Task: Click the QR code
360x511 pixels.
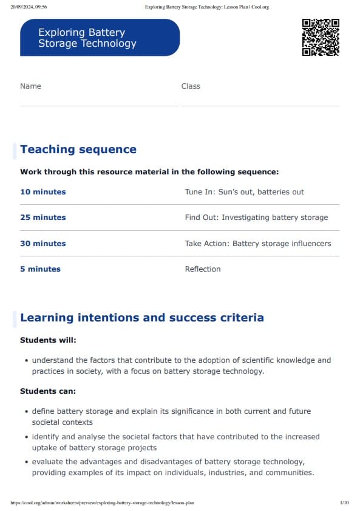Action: point(321,37)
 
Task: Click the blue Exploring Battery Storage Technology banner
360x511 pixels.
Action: point(100,38)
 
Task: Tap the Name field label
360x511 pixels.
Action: point(30,86)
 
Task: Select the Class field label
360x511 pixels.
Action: point(191,86)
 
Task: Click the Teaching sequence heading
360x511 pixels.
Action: point(78,149)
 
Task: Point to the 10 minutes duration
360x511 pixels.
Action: point(42,192)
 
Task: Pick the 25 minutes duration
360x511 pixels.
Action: point(42,218)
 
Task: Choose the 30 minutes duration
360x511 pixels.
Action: point(42,244)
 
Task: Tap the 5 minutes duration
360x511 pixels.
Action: point(40,269)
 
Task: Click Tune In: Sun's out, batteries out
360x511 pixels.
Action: point(244,192)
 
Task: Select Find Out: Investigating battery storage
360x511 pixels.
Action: point(256,218)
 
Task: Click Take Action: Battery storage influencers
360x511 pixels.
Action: point(258,244)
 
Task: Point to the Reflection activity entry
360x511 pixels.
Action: point(203,269)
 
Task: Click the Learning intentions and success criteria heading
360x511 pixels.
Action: point(142,318)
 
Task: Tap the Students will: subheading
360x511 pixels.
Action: point(48,340)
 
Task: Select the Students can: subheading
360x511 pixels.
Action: point(47,391)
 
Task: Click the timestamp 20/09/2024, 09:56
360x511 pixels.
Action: point(29,7)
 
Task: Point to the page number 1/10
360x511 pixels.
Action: point(344,503)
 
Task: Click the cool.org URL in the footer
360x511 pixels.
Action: point(103,503)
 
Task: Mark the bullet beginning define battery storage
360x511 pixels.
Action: point(171,416)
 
